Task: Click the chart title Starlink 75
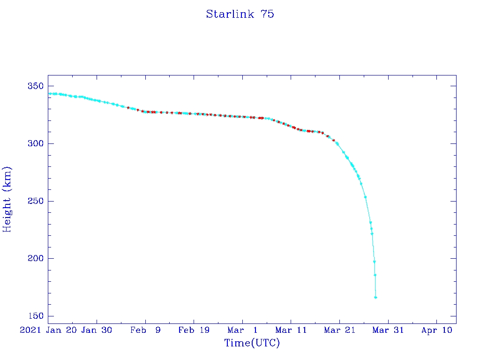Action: click(x=240, y=15)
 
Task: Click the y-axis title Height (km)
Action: click(x=7, y=199)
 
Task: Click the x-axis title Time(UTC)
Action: click(x=252, y=343)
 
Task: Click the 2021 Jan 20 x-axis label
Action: click(x=48, y=330)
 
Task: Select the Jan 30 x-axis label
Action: click(x=97, y=330)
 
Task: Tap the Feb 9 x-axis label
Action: click(x=145, y=330)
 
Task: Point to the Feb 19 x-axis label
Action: click(x=194, y=330)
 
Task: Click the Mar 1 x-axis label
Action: click(x=242, y=330)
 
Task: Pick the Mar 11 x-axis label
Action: click(x=291, y=330)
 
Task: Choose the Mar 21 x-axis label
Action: click(x=339, y=330)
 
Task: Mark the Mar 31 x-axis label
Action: click(x=388, y=330)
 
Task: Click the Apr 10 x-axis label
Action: click(x=436, y=330)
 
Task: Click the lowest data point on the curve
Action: click(x=375, y=298)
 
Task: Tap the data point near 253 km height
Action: click(x=365, y=197)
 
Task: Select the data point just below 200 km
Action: click(x=375, y=262)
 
